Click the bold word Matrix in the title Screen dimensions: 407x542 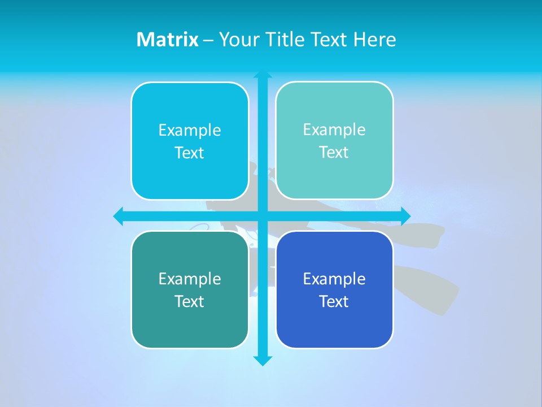167,40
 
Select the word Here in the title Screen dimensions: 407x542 374,40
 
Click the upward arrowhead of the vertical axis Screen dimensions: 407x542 263,75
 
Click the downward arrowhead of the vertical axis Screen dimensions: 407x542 263,361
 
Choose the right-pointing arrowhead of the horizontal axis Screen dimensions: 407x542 405,216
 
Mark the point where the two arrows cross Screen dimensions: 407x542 263,216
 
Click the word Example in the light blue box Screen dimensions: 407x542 190,130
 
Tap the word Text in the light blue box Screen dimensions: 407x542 190,153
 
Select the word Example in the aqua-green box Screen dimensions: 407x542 334,129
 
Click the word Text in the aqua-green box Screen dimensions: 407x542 334,152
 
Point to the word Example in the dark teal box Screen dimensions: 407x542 190,279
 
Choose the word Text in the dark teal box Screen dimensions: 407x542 190,301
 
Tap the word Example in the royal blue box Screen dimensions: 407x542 334,279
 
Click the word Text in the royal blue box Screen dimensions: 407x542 334,301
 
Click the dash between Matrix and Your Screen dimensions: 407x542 208,40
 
